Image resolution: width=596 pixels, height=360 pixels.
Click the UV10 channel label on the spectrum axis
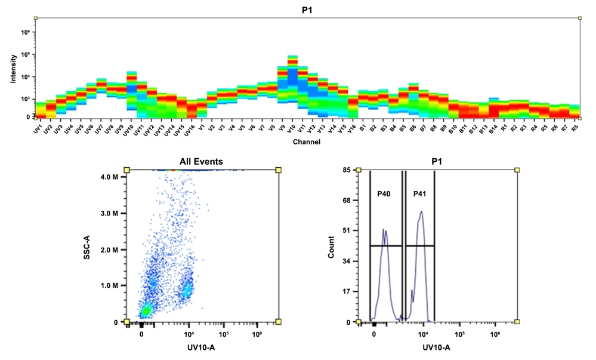(130, 129)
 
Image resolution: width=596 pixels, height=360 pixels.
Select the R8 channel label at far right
(575, 128)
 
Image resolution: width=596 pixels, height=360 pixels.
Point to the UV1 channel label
(38, 128)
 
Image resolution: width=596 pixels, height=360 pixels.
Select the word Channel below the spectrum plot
(305, 142)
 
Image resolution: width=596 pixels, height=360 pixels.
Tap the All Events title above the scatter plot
(202, 161)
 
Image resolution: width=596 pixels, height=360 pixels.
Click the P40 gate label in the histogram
(383, 194)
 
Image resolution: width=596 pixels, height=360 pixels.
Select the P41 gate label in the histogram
(420, 194)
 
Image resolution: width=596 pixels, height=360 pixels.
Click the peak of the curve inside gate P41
(421, 211)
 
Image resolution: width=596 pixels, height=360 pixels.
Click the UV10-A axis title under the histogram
(436, 347)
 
